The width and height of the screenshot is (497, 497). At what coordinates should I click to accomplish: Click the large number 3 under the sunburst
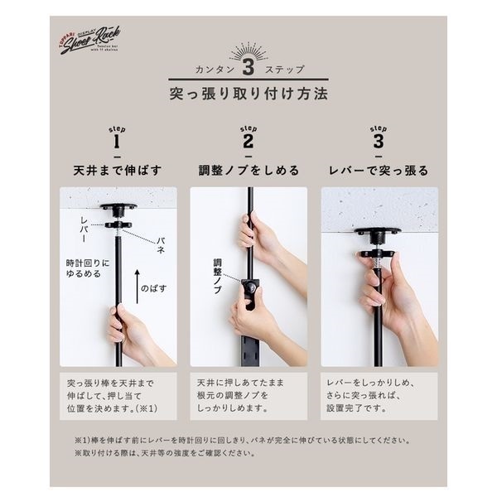(x=248, y=67)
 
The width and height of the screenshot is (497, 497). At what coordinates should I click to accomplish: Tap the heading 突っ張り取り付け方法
(x=248, y=93)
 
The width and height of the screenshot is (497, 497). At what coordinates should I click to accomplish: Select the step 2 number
(x=248, y=142)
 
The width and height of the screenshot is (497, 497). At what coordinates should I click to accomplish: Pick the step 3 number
(x=379, y=142)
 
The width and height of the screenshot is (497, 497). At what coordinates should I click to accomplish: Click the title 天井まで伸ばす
(x=117, y=171)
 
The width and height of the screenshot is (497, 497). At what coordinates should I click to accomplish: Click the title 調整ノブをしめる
(x=248, y=171)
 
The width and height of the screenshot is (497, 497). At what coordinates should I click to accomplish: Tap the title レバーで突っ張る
(x=379, y=171)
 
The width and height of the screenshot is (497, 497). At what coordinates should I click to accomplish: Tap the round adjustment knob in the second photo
(x=248, y=287)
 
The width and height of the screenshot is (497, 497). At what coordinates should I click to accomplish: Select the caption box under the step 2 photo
(x=248, y=396)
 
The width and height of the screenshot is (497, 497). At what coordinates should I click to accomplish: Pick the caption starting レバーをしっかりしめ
(x=379, y=396)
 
